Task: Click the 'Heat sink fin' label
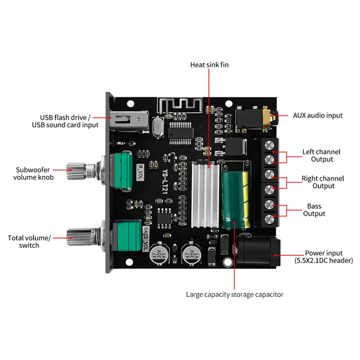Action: click(x=209, y=65)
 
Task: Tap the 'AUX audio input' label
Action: click(x=318, y=116)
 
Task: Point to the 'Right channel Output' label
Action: click(x=323, y=182)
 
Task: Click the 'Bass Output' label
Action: click(x=314, y=210)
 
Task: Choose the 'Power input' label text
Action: click(x=324, y=253)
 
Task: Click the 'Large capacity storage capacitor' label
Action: click(x=235, y=295)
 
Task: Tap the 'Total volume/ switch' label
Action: click(x=30, y=241)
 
